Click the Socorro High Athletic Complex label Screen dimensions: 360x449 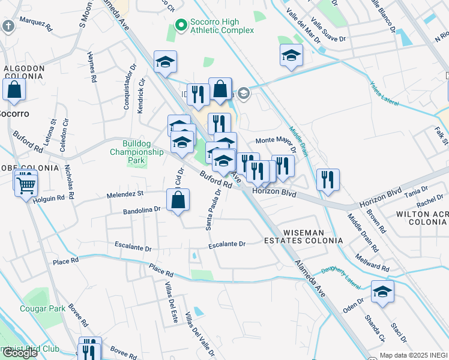222,26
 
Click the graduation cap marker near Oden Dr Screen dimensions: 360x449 382,292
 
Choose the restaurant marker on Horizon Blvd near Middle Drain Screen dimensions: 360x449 328,179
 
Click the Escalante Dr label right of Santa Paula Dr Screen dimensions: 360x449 228,244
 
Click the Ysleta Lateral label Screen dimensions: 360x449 384,94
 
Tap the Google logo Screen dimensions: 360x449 20,353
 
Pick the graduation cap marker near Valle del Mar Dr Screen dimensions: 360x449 291,56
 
